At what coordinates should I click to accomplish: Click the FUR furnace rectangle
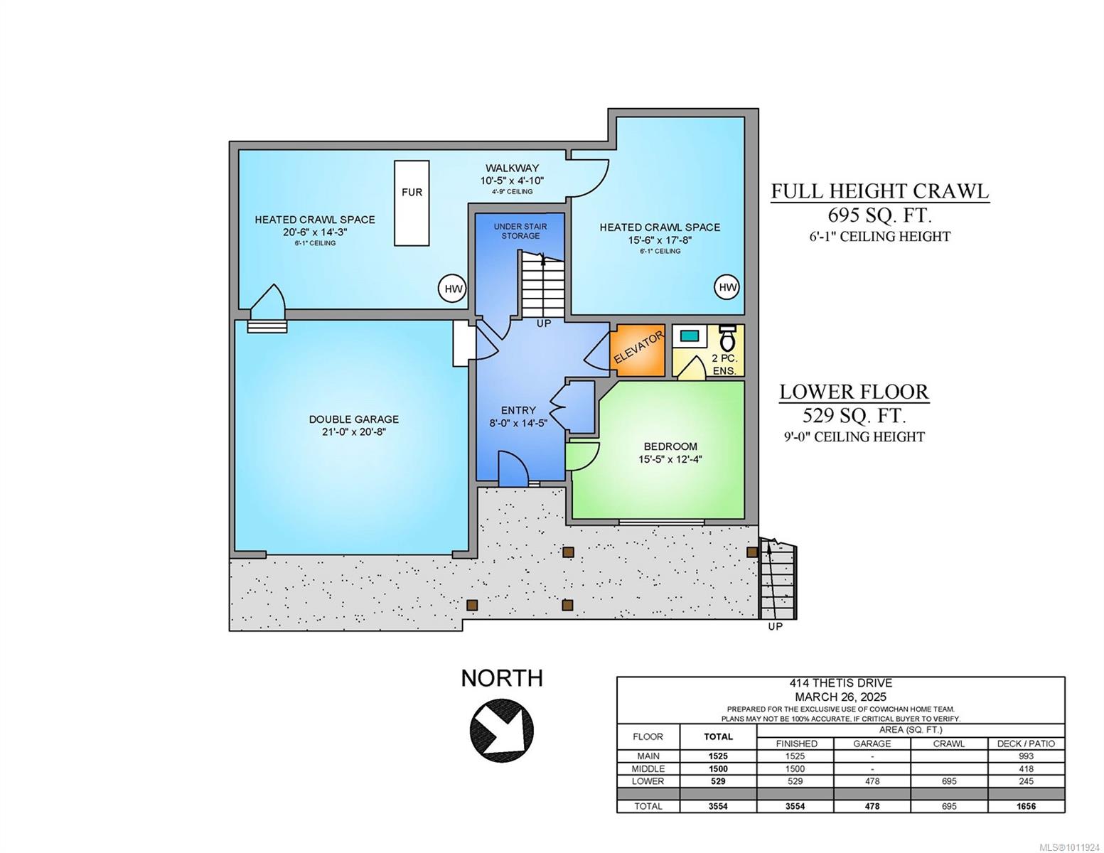(412, 203)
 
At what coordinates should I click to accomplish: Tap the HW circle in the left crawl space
(453, 289)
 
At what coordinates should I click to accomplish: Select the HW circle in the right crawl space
(727, 287)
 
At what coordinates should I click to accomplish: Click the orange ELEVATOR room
(637, 350)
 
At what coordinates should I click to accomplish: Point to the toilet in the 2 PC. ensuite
(728, 338)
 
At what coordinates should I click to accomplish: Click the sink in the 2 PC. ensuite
(689, 336)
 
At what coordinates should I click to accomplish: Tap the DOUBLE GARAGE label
(353, 419)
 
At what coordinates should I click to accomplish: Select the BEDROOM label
(670, 446)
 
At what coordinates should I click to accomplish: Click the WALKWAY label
(512, 168)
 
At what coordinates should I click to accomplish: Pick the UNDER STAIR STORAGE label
(520, 231)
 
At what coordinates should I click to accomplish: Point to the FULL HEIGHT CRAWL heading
(880, 191)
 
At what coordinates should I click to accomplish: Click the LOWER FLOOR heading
(854, 392)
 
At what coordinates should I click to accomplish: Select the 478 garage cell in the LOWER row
(872, 781)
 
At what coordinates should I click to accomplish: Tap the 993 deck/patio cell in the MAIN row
(1026, 756)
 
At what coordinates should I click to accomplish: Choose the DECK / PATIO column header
(1026, 744)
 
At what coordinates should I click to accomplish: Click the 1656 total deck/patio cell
(1026, 806)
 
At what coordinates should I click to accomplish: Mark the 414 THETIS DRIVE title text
(840, 683)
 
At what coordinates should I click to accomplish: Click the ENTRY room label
(518, 410)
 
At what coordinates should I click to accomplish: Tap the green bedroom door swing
(583, 456)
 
